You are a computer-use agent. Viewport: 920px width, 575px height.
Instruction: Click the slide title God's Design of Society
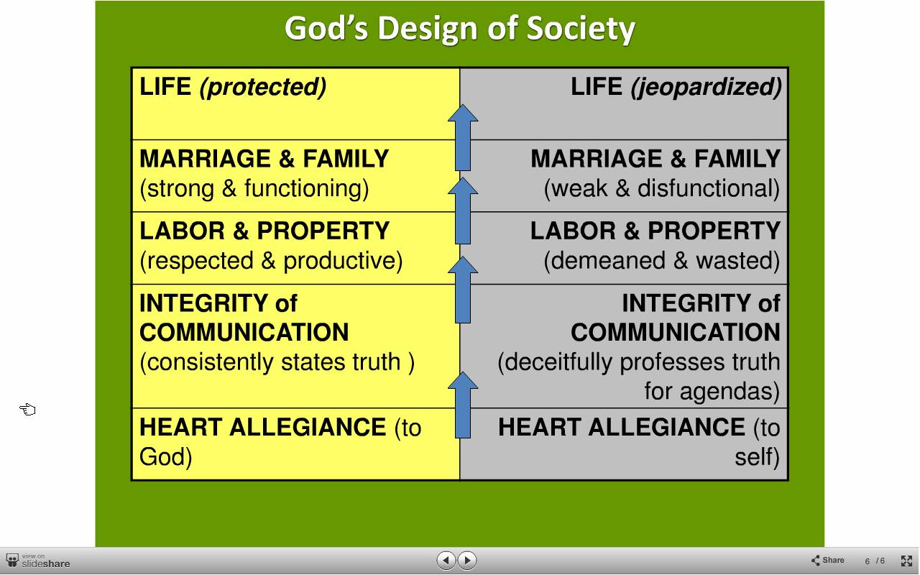[x=459, y=28]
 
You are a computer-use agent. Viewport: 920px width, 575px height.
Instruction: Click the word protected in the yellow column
[x=263, y=87]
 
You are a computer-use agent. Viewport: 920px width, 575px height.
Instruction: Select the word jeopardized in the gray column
[x=706, y=87]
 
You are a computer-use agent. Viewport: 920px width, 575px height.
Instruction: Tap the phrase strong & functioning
[x=254, y=188]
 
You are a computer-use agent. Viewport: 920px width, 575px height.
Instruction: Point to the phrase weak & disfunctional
[x=662, y=188]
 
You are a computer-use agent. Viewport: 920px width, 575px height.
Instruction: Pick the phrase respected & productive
[x=271, y=261]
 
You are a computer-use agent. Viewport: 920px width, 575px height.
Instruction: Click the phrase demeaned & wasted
[x=662, y=261]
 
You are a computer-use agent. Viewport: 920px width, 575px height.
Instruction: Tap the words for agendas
[x=712, y=391]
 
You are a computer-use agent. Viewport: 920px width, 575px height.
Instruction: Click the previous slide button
[x=446, y=560]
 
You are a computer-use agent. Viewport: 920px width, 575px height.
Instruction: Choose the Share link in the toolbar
[x=828, y=560]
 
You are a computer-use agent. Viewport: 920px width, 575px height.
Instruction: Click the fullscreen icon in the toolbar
[x=906, y=561]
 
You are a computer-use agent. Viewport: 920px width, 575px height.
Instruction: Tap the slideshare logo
[x=38, y=561]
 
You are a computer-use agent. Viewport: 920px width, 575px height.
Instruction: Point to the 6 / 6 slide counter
[x=875, y=561]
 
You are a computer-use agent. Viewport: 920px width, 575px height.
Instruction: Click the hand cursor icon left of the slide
[x=27, y=410]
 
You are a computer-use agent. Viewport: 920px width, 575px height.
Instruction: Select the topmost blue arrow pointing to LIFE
[x=463, y=137]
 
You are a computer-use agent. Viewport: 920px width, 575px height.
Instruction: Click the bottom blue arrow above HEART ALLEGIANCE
[x=463, y=405]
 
